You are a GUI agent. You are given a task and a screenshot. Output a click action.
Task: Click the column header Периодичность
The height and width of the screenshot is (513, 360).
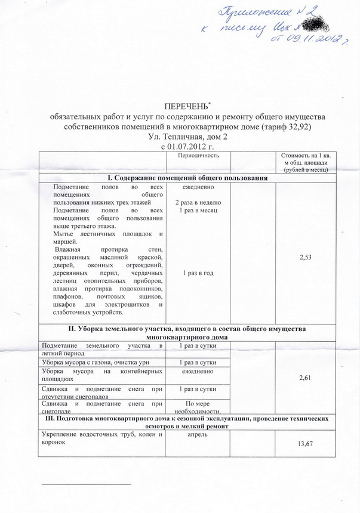(x=198, y=156)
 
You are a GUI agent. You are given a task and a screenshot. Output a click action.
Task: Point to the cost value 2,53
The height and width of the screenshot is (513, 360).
(x=310, y=256)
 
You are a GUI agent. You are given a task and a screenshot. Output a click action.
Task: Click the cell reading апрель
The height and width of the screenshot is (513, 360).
(x=198, y=436)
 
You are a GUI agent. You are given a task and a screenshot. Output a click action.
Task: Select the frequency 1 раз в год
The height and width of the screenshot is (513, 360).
(x=198, y=273)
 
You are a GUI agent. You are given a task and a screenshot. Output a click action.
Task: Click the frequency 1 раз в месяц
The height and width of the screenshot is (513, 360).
(x=198, y=211)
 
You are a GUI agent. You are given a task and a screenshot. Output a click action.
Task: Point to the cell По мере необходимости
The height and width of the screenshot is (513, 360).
(x=198, y=407)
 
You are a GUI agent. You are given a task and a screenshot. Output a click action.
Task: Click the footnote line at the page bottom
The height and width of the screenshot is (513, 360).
(x=84, y=481)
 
